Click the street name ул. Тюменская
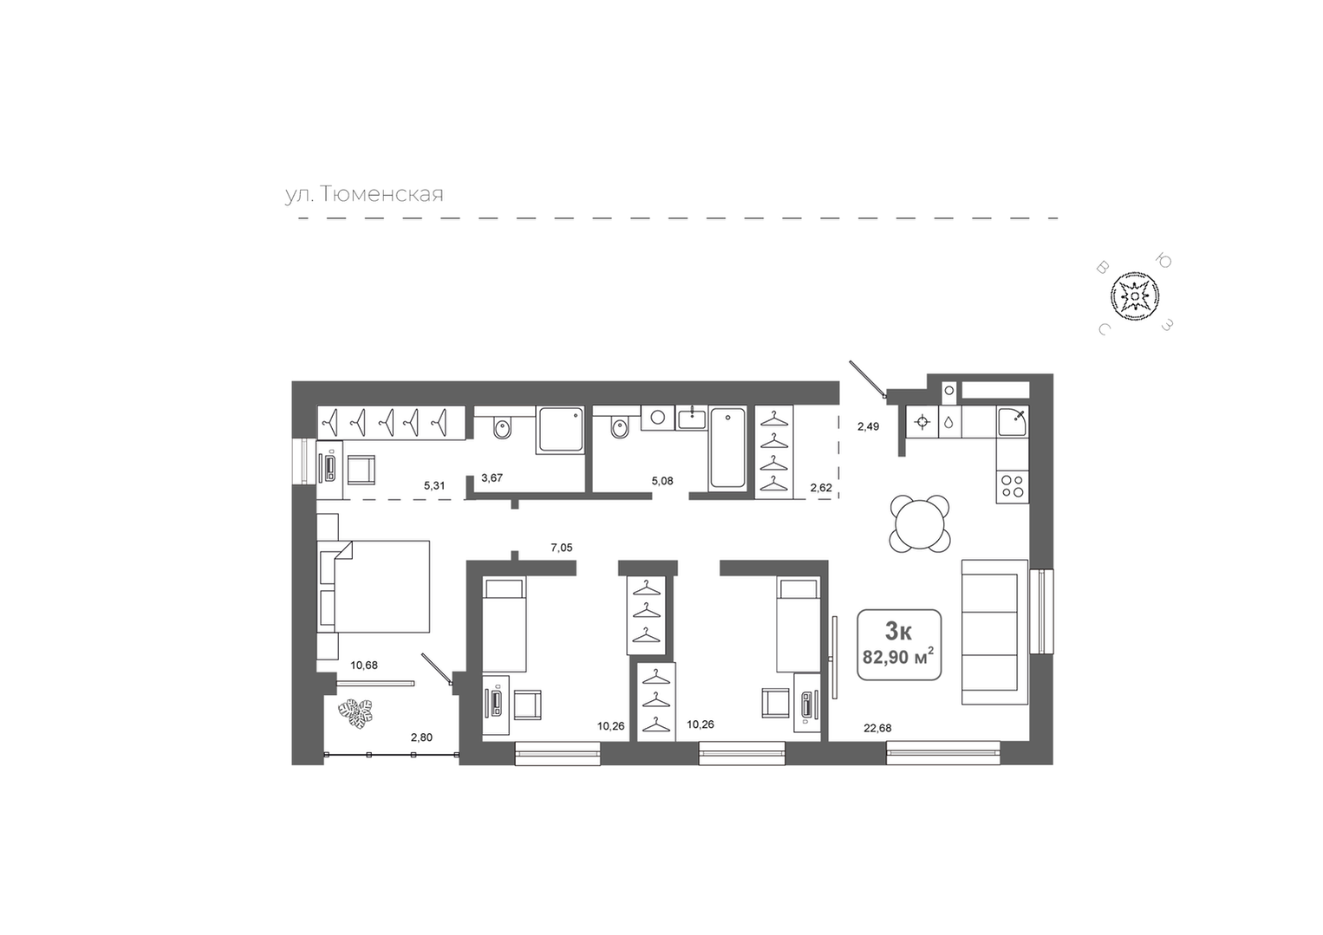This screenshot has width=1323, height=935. click(x=364, y=194)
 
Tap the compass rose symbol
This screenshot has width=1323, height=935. click(x=1134, y=295)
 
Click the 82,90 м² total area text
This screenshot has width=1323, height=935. click(x=898, y=656)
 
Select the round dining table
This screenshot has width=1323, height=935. click(x=920, y=524)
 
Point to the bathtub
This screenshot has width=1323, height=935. click(x=727, y=448)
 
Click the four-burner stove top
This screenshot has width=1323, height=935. click(x=1013, y=487)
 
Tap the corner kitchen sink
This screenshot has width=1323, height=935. click(x=1013, y=421)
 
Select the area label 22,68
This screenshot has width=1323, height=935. click(x=877, y=728)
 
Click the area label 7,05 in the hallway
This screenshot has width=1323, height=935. click(x=561, y=547)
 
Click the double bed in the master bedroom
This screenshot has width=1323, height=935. click(x=374, y=586)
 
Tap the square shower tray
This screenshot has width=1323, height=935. click(x=561, y=430)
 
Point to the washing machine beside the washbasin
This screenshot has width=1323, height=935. click(x=657, y=418)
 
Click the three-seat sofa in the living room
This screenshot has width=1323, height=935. click(x=994, y=632)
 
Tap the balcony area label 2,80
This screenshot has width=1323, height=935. click(x=421, y=737)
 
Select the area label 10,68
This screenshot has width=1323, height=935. click(x=364, y=665)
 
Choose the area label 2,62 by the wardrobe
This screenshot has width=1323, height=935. click(x=821, y=488)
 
